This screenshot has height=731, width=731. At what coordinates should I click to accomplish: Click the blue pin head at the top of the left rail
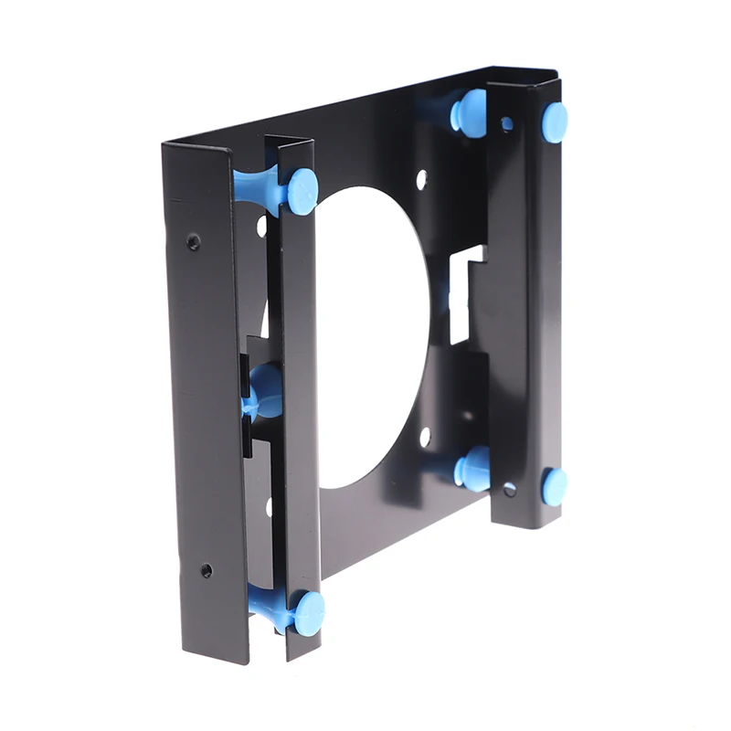coord(302,190)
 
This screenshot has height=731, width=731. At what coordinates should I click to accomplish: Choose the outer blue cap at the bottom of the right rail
coord(554,485)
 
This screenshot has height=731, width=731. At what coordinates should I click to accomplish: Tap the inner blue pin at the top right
coord(471,113)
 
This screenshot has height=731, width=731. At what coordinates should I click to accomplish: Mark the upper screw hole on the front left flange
coord(194,241)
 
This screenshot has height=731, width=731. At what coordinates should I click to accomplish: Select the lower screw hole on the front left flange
coord(207,570)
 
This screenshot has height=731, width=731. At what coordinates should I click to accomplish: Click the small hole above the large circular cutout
coord(421,179)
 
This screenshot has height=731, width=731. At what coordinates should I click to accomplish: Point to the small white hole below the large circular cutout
coord(424,437)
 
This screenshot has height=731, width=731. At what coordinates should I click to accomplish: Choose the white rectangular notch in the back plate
coord(463,292)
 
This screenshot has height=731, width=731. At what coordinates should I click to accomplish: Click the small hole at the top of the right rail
coord(506,122)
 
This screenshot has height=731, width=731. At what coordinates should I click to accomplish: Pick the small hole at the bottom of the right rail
coord(509,490)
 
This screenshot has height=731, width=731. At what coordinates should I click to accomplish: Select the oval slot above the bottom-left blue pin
coord(269,505)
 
